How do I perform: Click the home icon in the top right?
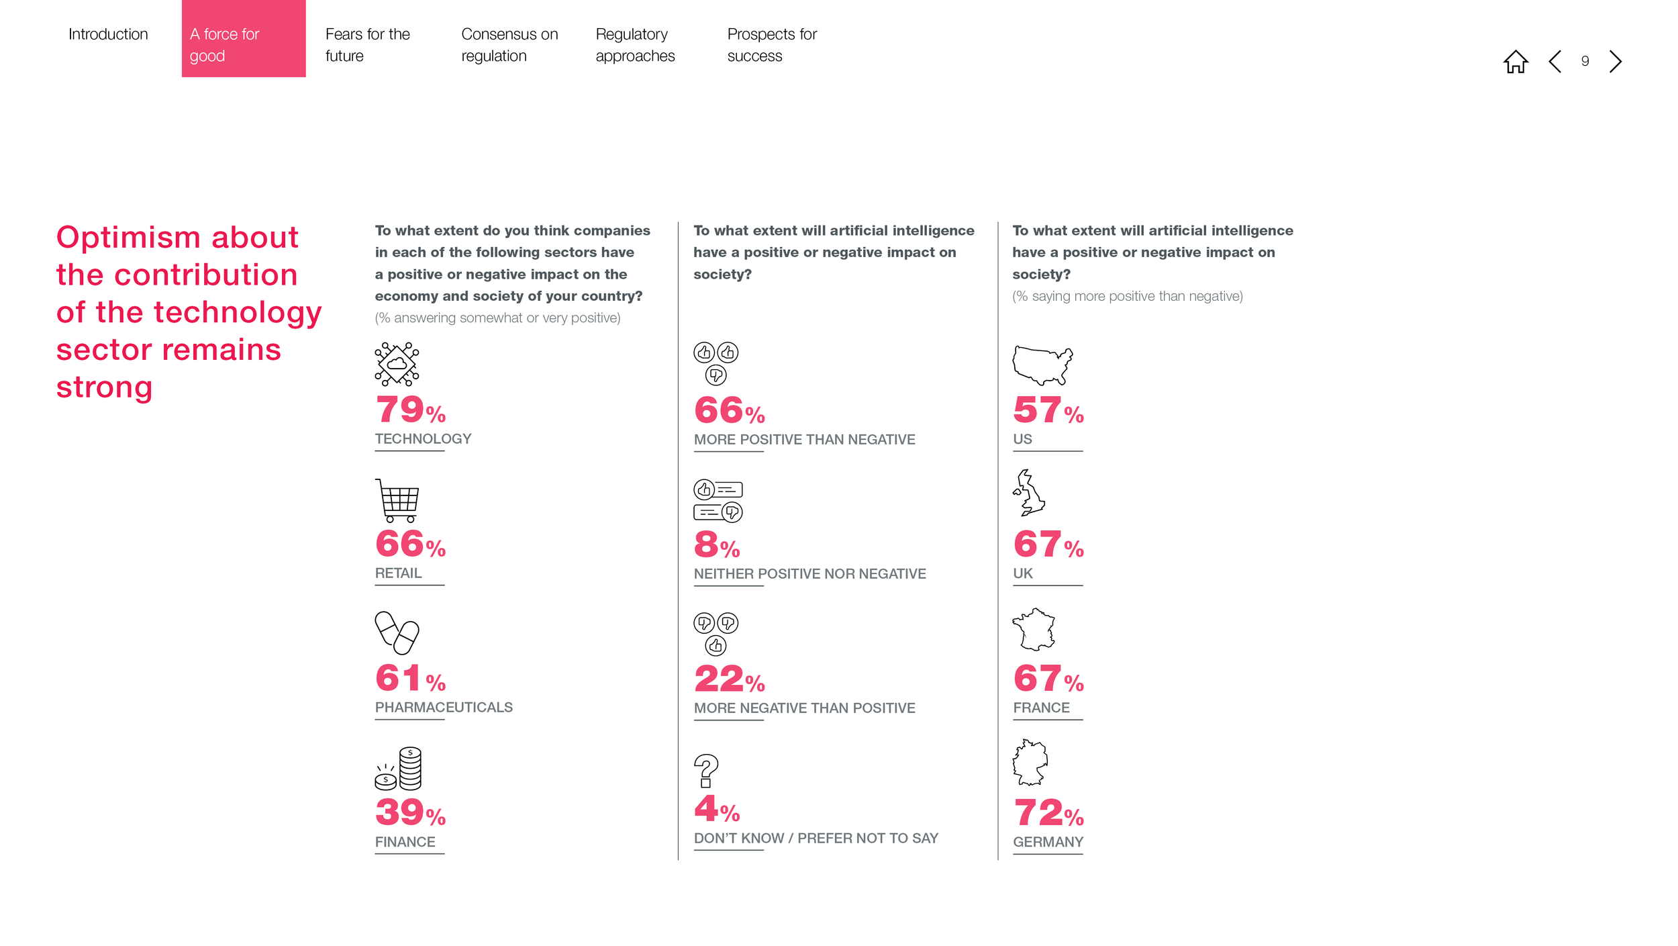tap(1515, 62)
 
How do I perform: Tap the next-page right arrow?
tap(1616, 62)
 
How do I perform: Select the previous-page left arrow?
tap(1554, 62)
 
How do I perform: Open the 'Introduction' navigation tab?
tap(108, 34)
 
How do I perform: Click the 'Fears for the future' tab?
tap(368, 45)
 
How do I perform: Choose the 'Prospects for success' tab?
tap(772, 45)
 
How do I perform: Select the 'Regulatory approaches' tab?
tap(635, 45)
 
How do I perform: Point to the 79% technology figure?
tap(411, 410)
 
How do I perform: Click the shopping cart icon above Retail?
tap(397, 501)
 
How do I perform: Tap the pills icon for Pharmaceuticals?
tap(397, 632)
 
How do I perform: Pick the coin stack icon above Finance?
tap(399, 768)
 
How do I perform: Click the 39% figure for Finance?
tap(411, 812)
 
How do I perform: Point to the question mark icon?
tap(705, 771)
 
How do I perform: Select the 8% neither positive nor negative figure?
tap(717, 545)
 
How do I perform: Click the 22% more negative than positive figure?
tap(730, 679)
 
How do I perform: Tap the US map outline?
tap(1042, 365)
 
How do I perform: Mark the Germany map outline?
tap(1030, 763)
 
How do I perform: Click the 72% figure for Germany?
tap(1049, 813)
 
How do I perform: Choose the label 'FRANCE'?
tap(1041, 708)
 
